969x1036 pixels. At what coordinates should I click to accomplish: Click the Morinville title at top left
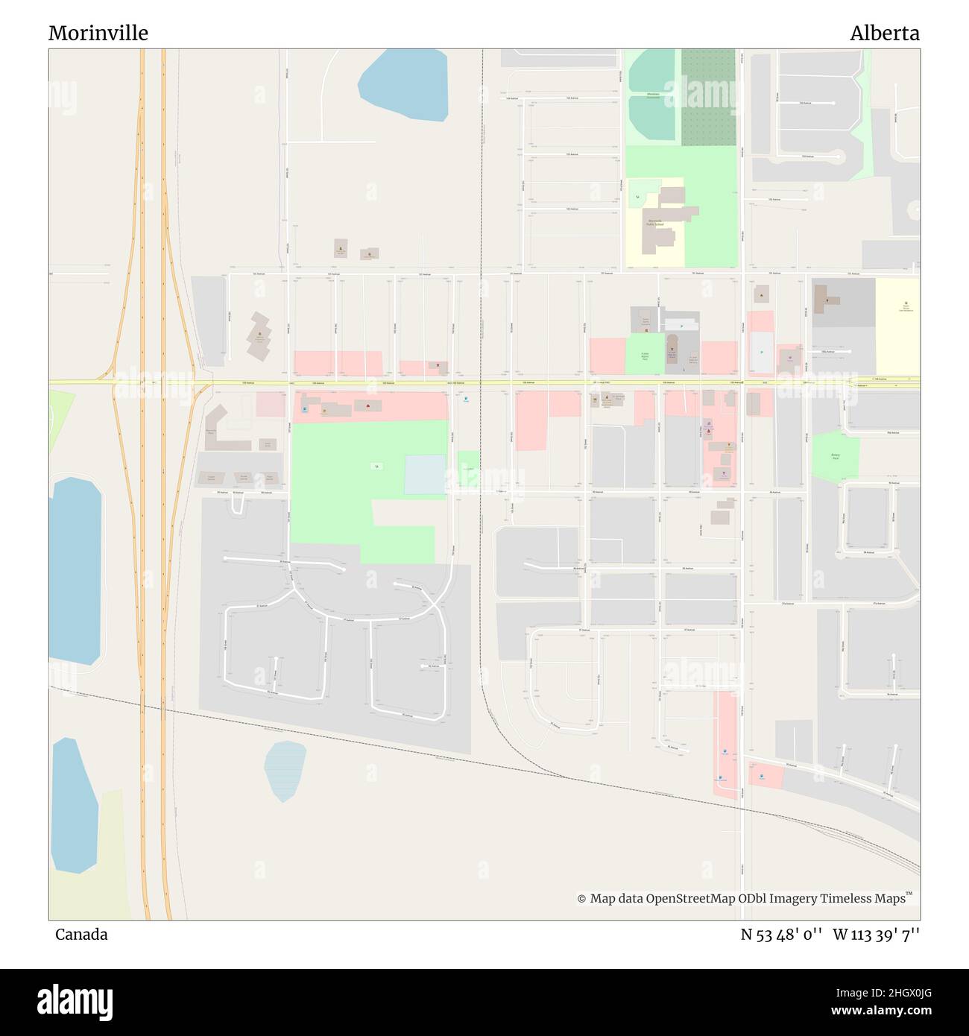(98, 33)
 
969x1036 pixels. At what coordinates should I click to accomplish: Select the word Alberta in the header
(884, 33)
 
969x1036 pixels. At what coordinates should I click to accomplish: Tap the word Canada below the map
(81, 934)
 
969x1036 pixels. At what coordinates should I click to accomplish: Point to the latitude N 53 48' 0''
(781, 934)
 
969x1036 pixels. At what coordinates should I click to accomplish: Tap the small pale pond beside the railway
(285, 771)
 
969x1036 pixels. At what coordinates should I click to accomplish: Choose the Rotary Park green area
(835, 457)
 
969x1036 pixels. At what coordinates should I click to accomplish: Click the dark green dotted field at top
(708, 97)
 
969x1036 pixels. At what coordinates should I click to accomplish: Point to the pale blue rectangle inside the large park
(425, 475)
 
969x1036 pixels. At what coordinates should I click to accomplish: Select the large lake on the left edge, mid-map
(75, 570)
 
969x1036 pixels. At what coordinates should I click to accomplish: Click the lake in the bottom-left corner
(72, 805)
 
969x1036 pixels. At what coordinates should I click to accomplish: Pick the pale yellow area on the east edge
(897, 326)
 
